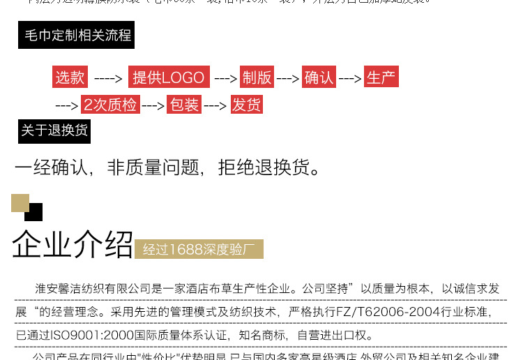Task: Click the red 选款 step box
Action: click(70, 77)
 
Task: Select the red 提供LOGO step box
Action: click(169, 77)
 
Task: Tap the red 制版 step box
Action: click(257, 77)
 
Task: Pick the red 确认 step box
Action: click(319, 77)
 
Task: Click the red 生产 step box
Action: click(381, 77)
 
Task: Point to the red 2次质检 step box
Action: click(110, 105)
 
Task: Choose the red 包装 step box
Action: click(185, 105)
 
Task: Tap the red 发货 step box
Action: click(247, 105)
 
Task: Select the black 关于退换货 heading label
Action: click(54, 130)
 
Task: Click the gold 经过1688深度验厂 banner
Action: click(199, 249)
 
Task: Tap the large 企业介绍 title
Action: click(72, 244)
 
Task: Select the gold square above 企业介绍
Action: click(20, 202)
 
